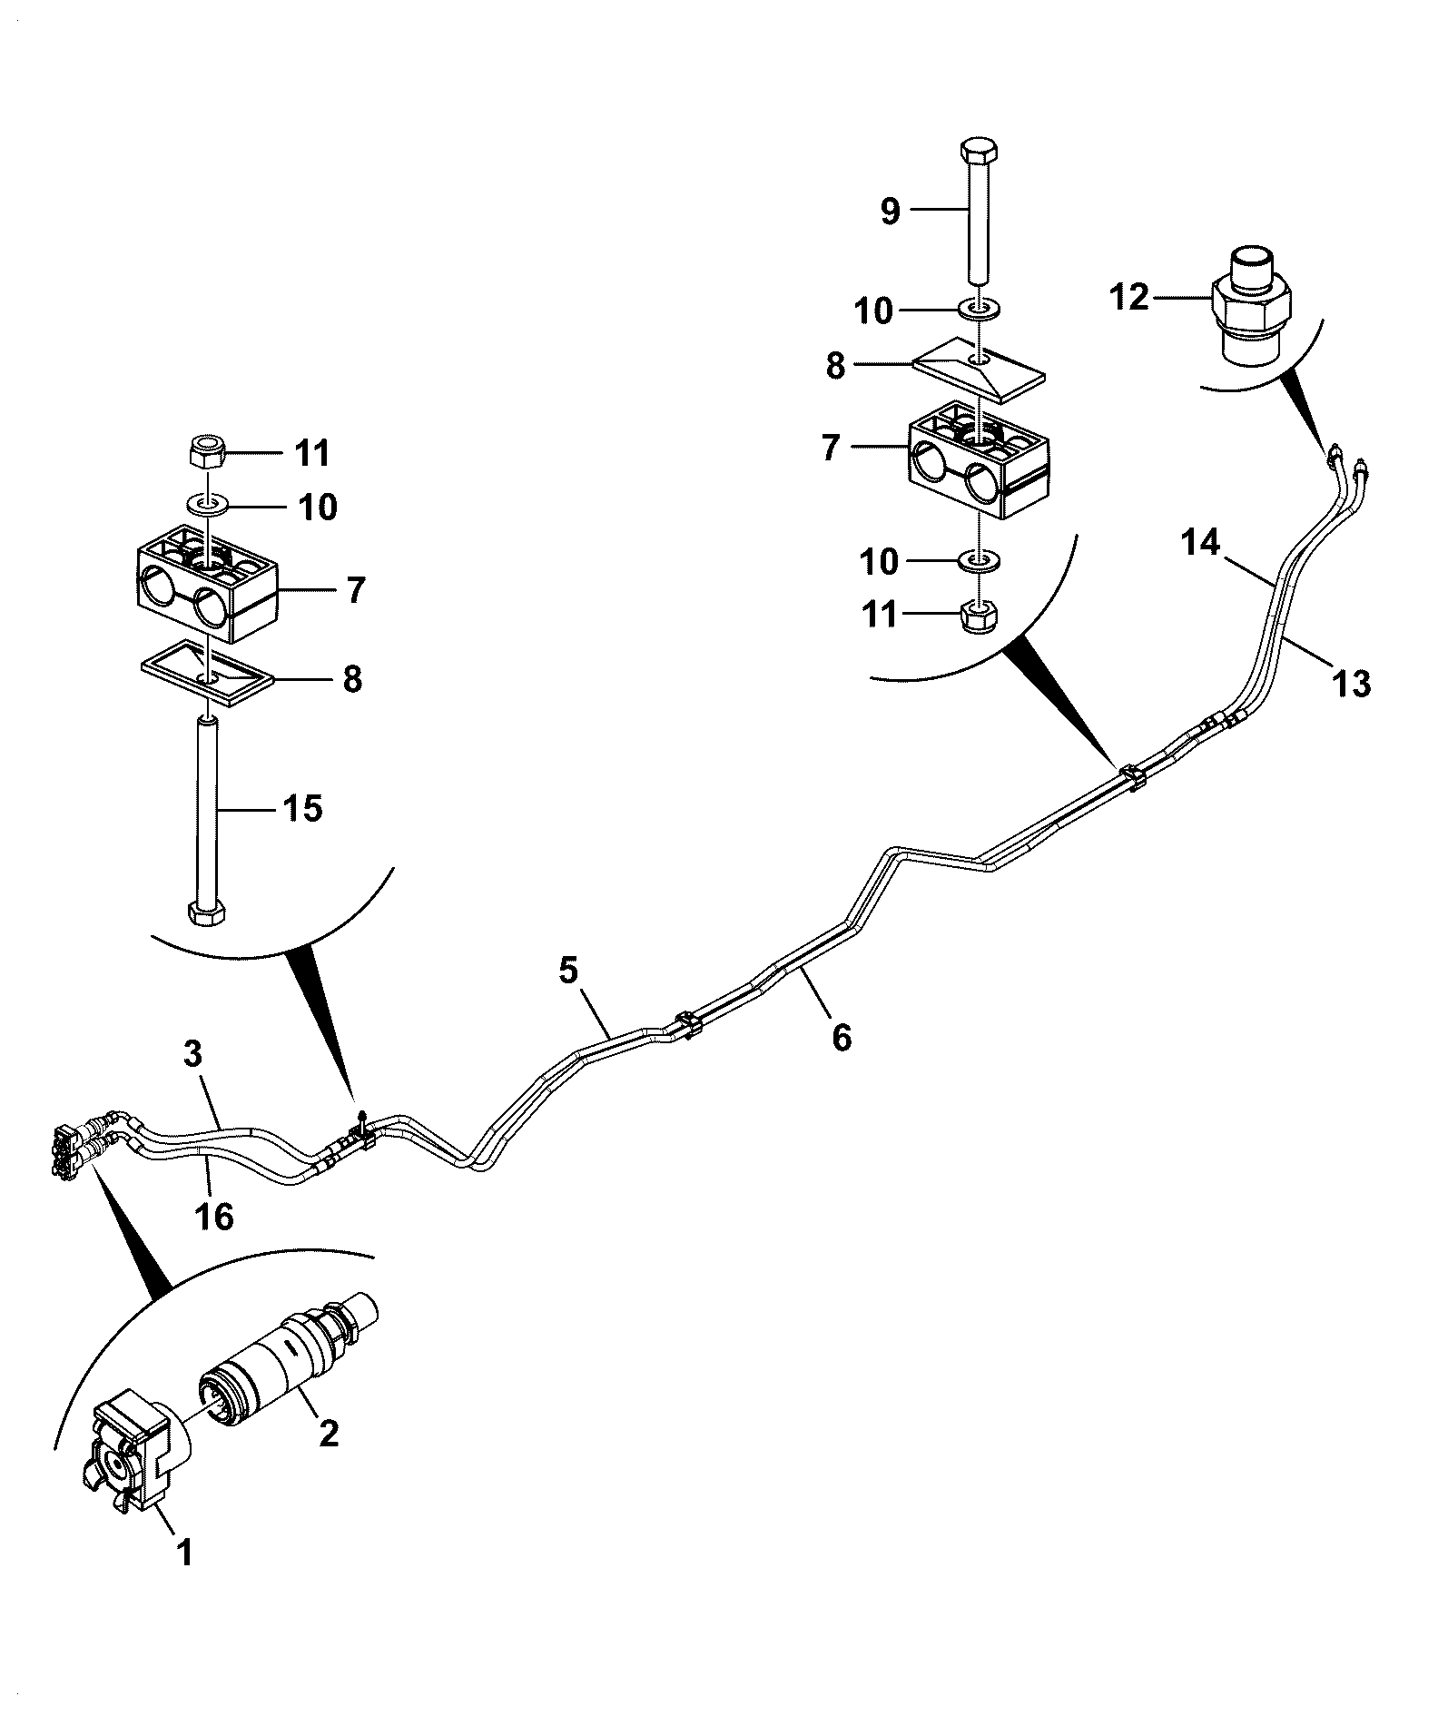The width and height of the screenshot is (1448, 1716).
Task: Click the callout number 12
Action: point(1129,297)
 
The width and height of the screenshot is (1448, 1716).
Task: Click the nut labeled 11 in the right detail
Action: point(979,618)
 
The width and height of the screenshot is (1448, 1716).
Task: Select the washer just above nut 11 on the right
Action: point(979,560)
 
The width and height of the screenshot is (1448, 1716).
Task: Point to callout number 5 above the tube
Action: point(567,970)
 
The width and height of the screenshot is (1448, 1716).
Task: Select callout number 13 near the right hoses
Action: point(1351,682)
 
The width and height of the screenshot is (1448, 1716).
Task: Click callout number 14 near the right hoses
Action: point(1201,543)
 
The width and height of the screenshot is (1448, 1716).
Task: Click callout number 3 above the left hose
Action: point(193,1054)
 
